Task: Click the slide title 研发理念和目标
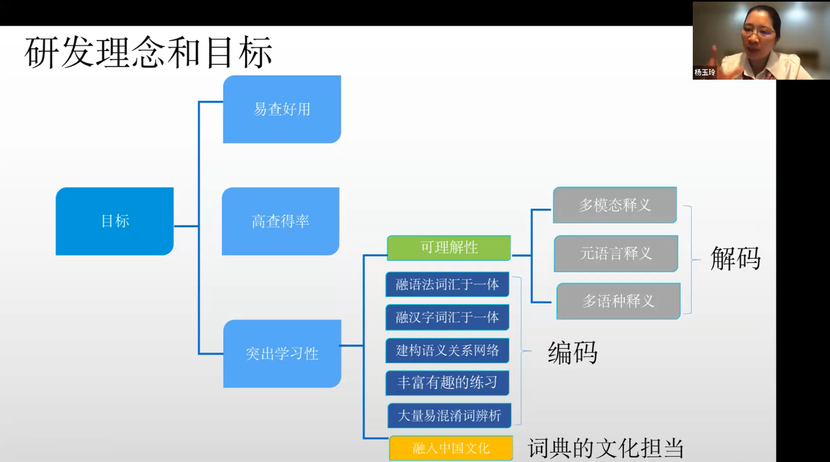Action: pyautogui.click(x=148, y=53)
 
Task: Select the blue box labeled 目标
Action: pyautogui.click(x=114, y=221)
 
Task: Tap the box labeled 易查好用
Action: pyautogui.click(x=281, y=109)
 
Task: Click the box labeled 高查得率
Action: pyautogui.click(x=280, y=221)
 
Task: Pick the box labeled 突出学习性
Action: pyautogui.click(x=281, y=354)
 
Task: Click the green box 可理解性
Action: pyautogui.click(x=449, y=248)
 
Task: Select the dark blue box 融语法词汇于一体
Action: pyautogui.click(x=447, y=284)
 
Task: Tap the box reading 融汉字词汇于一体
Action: pyautogui.click(x=447, y=317)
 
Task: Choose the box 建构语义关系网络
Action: pyautogui.click(x=447, y=350)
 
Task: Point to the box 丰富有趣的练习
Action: pyautogui.click(x=447, y=382)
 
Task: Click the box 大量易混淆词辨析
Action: pyautogui.click(x=449, y=415)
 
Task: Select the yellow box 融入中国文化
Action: pyautogui.click(x=451, y=448)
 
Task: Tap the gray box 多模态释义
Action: pyautogui.click(x=615, y=205)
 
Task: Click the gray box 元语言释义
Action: pyautogui.click(x=616, y=253)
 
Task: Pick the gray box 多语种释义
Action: pyautogui.click(x=618, y=301)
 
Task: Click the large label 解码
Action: pyautogui.click(x=735, y=258)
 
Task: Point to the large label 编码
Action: pyautogui.click(x=573, y=352)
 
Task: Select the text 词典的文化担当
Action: pyautogui.click(x=605, y=448)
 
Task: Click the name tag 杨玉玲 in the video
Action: pyautogui.click(x=705, y=72)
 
